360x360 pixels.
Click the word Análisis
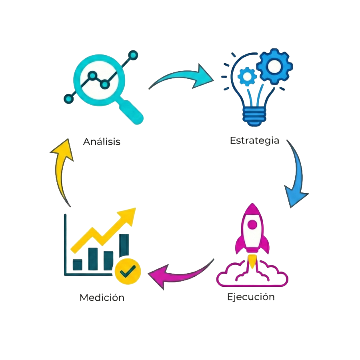tap(102, 142)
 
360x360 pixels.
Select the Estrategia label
tap(254, 141)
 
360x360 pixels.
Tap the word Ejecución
tap(251, 297)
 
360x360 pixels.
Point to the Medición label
tap(102, 298)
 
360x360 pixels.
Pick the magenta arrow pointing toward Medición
tap(176, 274)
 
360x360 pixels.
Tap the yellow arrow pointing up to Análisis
tap(61, 168)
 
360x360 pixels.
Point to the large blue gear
tap(274, 66)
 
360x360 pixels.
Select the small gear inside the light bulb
tap(247, 76)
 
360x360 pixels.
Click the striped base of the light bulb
tap(254, 116)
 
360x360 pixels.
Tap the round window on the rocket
tap(252, 225)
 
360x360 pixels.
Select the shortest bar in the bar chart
tap(77, 265)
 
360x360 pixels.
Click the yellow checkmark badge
tap(128, 271)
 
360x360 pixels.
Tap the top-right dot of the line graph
tap(133, 54)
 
